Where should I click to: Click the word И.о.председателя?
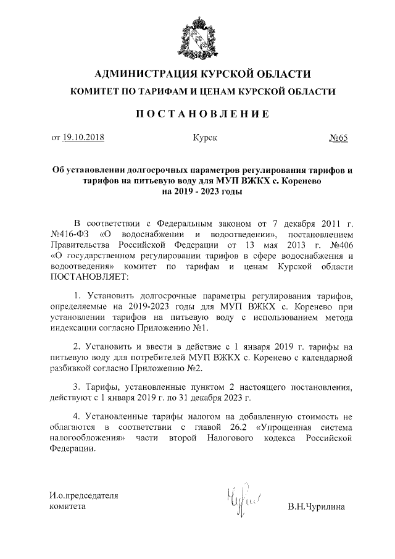pyautogui.click(x=84, y=495)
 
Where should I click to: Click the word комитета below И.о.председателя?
pyautogui.click(x=68, y=507)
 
